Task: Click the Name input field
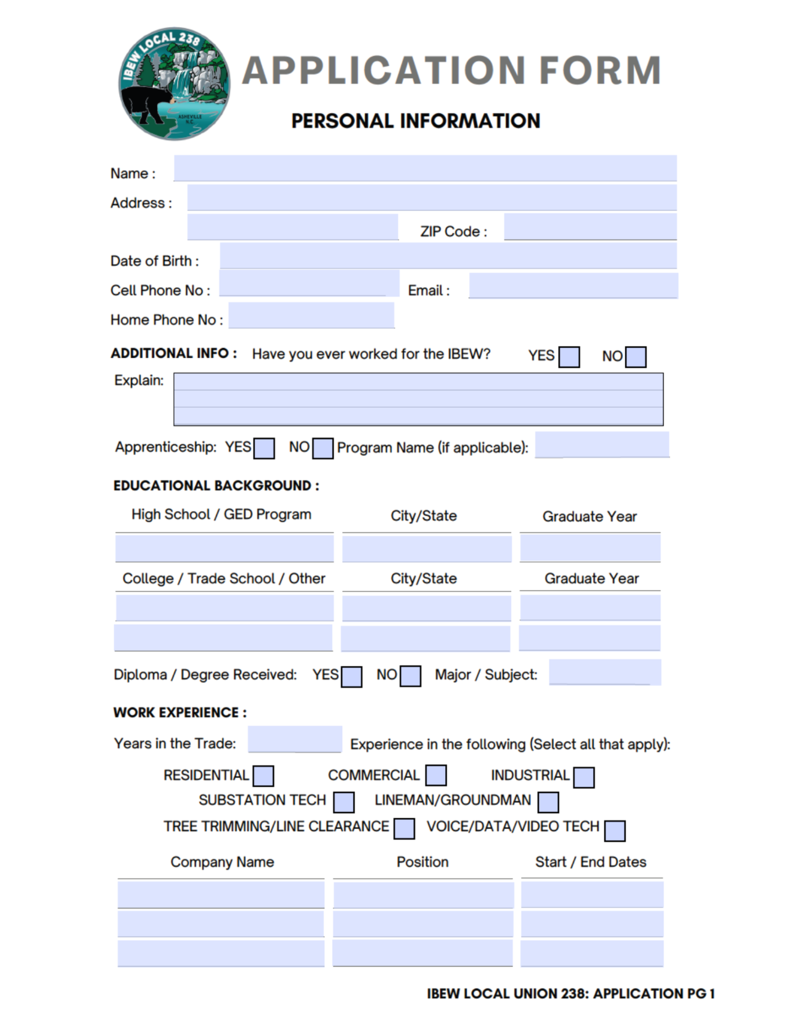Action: (425, 168)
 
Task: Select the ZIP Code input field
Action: (590, 227)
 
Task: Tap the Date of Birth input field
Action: (448, 256)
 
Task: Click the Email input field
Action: (573, 286)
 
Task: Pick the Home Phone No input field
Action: (311, 315)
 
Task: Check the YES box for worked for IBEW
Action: (569, 357)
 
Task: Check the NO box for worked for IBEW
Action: (636, 357)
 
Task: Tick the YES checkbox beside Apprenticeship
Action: (264, 449)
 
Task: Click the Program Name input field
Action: (602, 445)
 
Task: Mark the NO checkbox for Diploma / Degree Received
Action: (410, 676)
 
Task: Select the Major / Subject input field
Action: (605, 673)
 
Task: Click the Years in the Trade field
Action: (295, 739)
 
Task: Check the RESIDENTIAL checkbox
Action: (263, 776)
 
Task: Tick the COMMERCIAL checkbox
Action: (436, 775)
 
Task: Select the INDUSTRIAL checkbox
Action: (584, 778)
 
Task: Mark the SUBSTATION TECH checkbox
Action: (344, 802)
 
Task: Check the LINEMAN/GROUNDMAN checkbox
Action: (548, 802)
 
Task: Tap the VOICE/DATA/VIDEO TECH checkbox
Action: (615, 831)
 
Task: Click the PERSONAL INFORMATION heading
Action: (415, 121)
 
